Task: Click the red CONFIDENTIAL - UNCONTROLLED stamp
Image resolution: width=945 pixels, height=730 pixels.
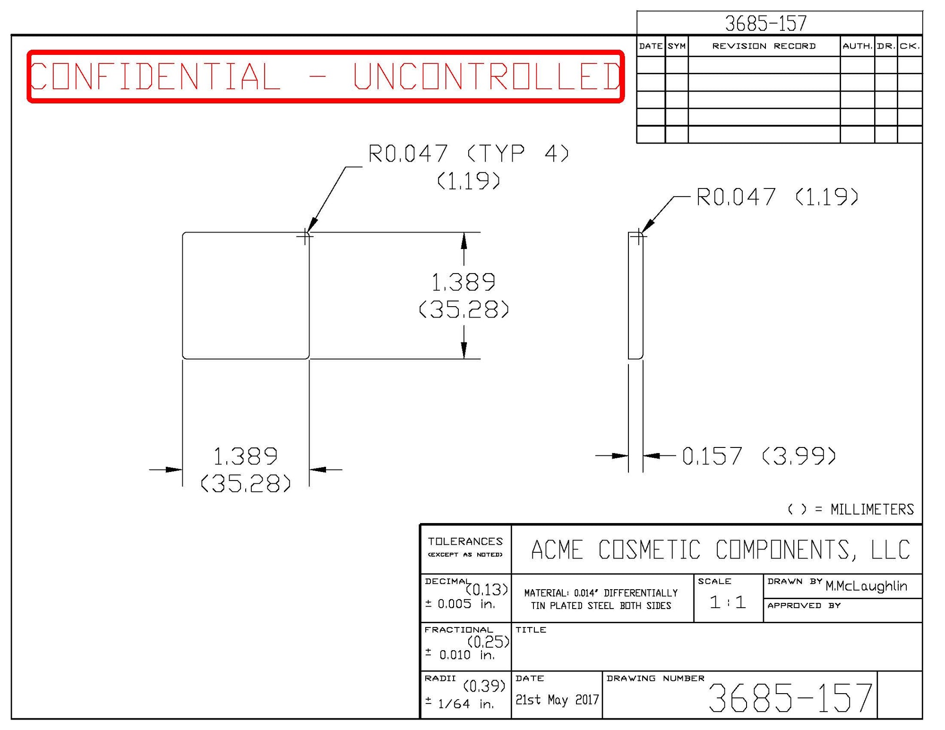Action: point(325,76)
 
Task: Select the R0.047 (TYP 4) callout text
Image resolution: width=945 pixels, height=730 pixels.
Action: point(468,154)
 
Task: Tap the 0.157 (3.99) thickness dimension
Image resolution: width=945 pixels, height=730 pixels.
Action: point(759,456)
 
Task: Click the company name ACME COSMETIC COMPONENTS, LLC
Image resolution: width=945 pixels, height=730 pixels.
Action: point(720,550)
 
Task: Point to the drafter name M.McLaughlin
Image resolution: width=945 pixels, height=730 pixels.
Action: point(866,586)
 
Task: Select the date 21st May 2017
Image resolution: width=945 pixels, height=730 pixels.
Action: point(557,699)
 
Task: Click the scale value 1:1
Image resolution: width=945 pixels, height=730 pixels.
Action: point(728,602)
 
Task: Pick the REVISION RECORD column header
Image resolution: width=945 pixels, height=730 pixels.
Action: point(764,46)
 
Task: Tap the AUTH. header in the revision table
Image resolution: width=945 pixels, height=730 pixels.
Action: point(857,46)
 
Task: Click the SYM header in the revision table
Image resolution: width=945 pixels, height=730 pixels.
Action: point(677,46)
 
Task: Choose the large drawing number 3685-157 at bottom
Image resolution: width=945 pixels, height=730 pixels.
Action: point(790,698)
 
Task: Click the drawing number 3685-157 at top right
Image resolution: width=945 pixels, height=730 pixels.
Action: point(765,23)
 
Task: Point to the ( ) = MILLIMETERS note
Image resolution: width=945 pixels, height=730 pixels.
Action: point(850,509)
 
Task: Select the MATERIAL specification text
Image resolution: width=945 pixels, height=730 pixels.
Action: point(601,599)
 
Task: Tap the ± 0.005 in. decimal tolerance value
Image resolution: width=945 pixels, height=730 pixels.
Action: point(459,604)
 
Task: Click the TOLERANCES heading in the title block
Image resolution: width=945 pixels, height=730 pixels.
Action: point(465,541)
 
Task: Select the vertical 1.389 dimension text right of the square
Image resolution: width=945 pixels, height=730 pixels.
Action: point(464,283)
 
